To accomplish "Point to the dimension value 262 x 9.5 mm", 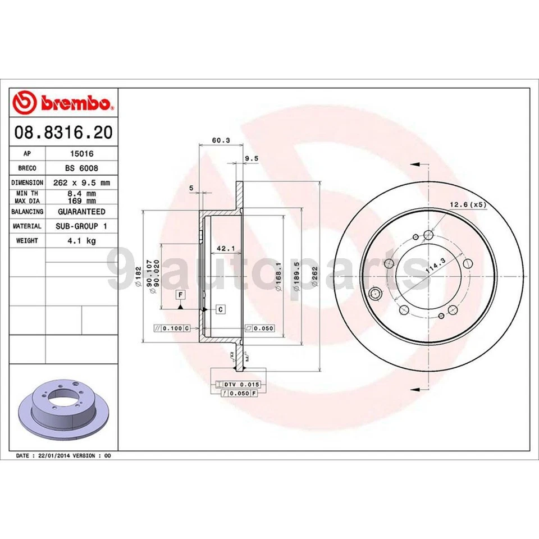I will click(81, 182).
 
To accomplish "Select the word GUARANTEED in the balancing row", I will click(81, 212).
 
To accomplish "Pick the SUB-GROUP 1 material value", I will click(81, 226).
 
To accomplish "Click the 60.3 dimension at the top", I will click(216, 140).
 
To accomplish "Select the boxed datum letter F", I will click(180, 294).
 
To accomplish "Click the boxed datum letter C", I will click(221, 309).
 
